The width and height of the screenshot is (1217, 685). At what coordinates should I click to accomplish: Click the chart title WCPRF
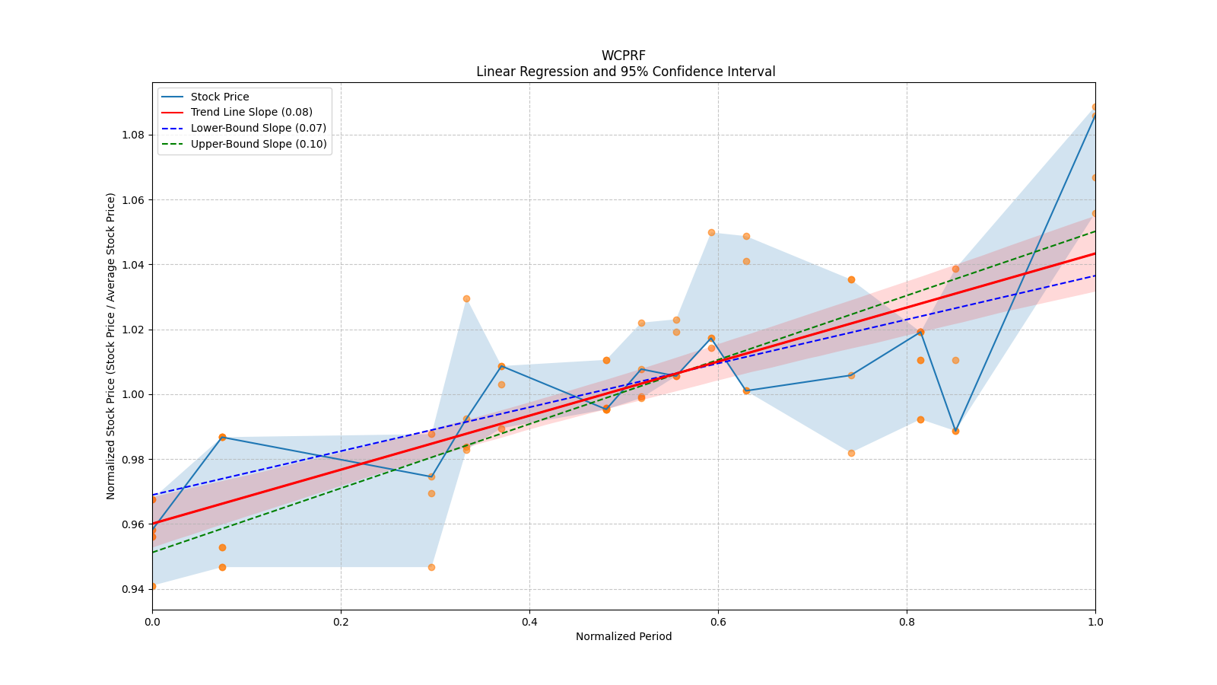pos(623,56)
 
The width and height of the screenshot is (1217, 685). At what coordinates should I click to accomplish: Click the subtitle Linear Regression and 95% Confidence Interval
pos(625,72)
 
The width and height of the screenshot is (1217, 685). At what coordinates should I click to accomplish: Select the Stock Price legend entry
pos(220,97)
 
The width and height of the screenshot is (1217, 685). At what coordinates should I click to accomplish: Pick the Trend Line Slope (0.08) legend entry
pos(251,113)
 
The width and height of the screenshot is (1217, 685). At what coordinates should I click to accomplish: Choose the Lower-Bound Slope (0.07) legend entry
pos(258,128)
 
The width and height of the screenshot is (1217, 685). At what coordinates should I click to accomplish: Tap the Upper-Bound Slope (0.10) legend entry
pos(259,144)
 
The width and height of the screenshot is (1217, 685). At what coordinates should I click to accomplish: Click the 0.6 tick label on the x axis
pos(718,622)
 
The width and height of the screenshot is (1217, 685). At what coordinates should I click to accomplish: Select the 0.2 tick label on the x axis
pos(341,622)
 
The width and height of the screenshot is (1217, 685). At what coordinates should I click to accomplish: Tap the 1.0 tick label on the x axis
pos(1095,622)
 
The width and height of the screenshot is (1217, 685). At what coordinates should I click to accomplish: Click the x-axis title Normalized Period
pos(624,636)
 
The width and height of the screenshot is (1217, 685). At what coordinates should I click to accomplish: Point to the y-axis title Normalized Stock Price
pos(111,346)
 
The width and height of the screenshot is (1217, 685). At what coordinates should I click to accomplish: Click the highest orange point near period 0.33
pos(466,298)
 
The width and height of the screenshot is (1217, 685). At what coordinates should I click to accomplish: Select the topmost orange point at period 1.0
pos(1095,107)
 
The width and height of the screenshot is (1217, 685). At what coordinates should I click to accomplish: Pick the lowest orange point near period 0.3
pos(431,567)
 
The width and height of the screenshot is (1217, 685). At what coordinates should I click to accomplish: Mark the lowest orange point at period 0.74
pos(851,453)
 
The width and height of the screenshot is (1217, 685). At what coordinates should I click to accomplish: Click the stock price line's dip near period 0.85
pos(955,431)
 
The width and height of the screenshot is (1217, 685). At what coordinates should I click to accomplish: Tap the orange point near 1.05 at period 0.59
pos(711,232)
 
